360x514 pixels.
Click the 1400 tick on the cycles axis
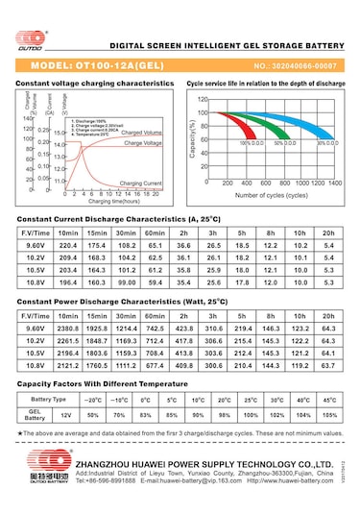click(334, 182)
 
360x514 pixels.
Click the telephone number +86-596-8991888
click(105, 480)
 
